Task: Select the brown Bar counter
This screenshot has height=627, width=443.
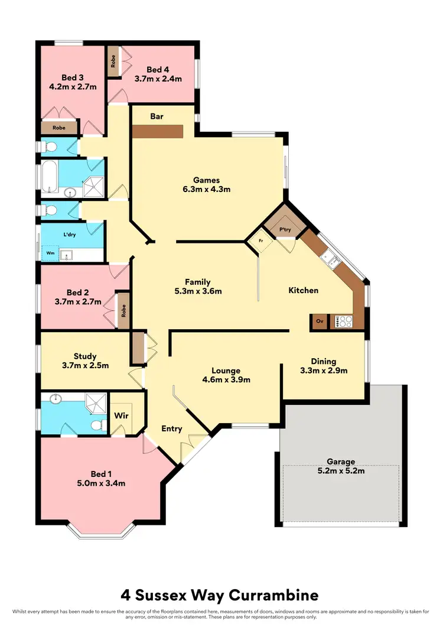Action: [x=157, y=129]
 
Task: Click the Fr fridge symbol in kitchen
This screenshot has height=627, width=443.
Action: [x=260, y=241]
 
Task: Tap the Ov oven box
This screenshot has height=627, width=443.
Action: [x=320, y=321]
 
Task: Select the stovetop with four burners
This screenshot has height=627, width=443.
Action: [x=344, y=321]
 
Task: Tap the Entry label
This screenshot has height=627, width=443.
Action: [x=172, y=429]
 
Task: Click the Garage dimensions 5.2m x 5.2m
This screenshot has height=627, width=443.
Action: [x=341, y=471]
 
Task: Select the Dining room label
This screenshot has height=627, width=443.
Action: [x=323, y=361]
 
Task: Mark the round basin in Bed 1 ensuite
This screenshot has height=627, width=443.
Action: [x=56, y=399]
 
